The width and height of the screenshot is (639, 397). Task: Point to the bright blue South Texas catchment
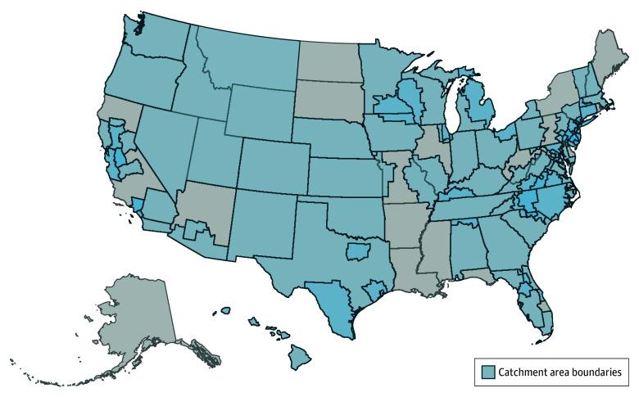pos(332,303)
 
